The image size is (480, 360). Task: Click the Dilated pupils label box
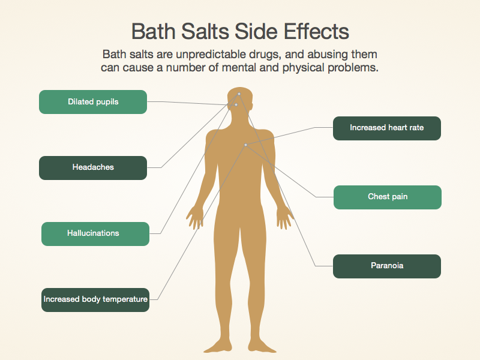[x=93, y=102]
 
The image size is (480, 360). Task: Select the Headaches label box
[x=93, y=168]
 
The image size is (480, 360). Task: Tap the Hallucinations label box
[x=95, y=234]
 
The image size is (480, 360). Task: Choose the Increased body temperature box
[x=95, y=300]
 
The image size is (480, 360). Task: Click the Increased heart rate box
[x=387, y=128]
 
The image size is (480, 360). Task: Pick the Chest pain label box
[x=388, y=197]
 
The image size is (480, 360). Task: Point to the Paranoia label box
[x=387, y=266]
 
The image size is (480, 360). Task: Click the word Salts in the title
[x=205, y=31]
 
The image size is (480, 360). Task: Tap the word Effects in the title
[x=317, y=31]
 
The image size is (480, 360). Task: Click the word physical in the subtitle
[x=303, y=68]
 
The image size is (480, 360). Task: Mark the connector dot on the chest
[x=245, y=145]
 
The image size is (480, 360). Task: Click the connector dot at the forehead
[x=239, y=94]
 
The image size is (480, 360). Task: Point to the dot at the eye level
[x=236, y=104]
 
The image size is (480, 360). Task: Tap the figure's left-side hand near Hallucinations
[x=194, y=218]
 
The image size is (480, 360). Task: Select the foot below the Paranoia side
[x=262, y=346]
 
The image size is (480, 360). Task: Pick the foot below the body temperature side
[x=218, y=346]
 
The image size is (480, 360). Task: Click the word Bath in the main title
[x=154, y=31]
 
